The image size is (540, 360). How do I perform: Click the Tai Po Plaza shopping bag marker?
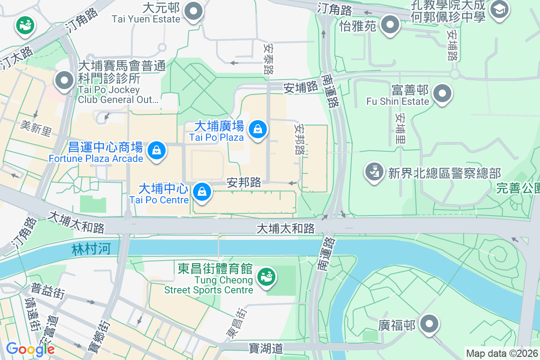point(258,130)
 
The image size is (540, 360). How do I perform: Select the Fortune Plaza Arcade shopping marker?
point(156,149)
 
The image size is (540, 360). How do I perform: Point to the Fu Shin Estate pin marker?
point(442,94)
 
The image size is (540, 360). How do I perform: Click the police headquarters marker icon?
point(373,173)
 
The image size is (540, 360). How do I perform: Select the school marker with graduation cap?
point(499,9)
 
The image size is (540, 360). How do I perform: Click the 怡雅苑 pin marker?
point(390,24)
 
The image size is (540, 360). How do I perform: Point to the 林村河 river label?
point(90,249)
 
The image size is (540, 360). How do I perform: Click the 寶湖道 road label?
point(265,347)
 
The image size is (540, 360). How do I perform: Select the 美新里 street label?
point(36,128)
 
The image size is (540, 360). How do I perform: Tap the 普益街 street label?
point(48,291)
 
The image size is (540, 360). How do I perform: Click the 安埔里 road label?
point(400,128)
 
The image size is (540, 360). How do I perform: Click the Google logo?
point(30,349)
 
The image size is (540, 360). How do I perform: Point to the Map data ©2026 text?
point(502,353)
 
